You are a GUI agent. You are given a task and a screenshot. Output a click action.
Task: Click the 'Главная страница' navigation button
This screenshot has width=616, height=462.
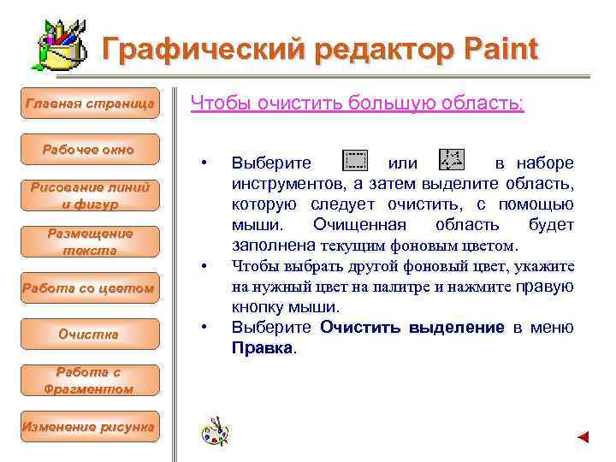click(90, 104)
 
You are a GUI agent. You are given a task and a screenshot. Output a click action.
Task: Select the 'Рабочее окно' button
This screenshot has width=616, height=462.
click(89, 150)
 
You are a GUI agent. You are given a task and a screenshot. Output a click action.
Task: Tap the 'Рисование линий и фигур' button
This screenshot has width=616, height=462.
click(89, 196)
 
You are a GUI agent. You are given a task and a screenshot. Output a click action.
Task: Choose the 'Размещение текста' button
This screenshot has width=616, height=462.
click(89, 242)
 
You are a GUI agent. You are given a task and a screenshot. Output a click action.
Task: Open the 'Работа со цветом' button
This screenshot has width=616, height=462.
click(89, 288)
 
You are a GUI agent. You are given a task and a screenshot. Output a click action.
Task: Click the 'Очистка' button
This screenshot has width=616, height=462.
click(89, 334)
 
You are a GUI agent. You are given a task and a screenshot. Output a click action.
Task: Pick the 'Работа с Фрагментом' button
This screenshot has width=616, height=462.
click(89, 380)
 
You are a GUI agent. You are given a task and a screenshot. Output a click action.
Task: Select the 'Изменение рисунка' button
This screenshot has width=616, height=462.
click(89, 426)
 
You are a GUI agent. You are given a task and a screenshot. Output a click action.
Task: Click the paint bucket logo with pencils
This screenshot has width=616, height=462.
click(60, 47)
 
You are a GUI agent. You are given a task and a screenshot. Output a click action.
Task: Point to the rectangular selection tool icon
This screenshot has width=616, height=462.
click(354, 161)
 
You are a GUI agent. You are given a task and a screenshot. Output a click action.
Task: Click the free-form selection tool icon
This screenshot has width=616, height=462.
click(451, 160)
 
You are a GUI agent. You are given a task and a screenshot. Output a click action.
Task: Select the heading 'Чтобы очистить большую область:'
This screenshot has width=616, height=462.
click(357, 104)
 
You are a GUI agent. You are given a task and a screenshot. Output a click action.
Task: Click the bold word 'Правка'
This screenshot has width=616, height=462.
click(262, 348)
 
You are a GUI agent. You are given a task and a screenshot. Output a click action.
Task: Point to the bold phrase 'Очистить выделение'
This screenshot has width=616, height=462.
click(412, 328)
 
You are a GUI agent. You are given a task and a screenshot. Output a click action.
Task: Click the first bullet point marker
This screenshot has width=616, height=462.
click(204, 163)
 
